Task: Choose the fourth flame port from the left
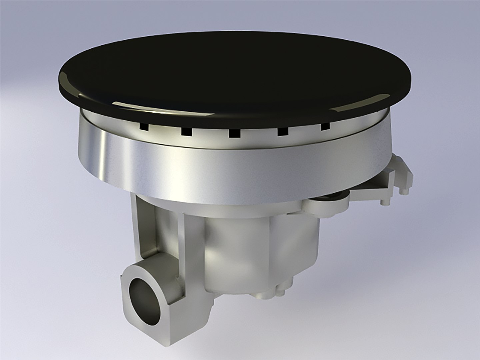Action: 283,131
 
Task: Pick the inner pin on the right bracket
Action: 383,201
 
